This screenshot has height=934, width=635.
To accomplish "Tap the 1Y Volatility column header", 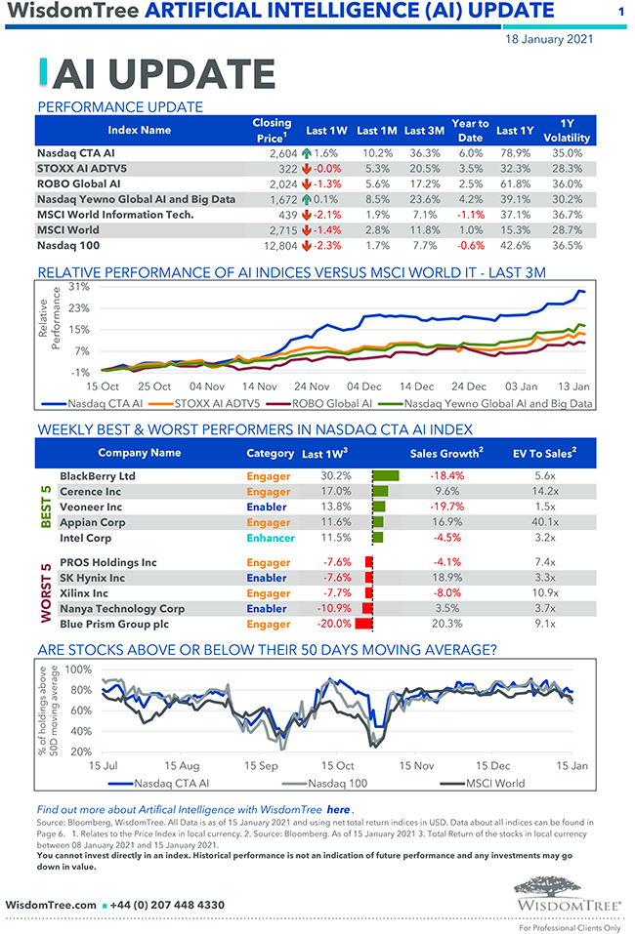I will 566,131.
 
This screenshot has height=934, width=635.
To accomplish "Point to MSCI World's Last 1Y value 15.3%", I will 514,230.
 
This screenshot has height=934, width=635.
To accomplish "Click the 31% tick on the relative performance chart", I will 78,287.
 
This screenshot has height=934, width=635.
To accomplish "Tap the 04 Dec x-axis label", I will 364,386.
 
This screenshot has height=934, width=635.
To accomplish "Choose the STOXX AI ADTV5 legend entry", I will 219,402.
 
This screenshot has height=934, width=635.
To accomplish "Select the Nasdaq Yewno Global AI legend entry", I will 497,402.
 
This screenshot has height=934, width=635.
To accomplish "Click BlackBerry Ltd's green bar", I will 386,476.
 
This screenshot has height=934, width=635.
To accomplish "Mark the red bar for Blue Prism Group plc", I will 364,624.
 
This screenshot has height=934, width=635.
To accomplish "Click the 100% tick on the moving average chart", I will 78,670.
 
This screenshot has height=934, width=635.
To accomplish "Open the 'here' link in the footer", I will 338,809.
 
